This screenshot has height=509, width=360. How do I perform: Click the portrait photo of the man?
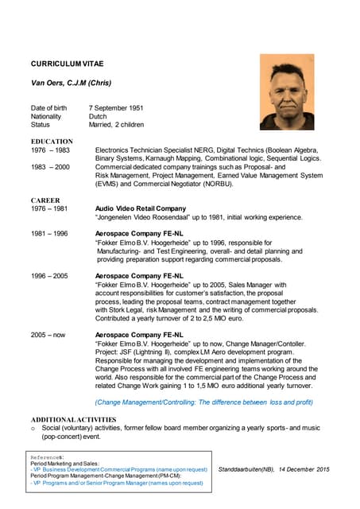[x=291, y=92]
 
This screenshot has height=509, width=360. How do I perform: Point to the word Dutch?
[x=99, y=116]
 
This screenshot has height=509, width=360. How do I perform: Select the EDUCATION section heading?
[x=52, y=142]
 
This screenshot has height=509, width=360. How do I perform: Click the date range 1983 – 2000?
[x=49, y=167]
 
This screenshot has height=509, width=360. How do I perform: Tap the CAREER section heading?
[x=45, y=200]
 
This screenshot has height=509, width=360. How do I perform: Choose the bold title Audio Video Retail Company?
[x=140, y=208]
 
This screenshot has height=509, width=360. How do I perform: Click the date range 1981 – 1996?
[x=49, y=234]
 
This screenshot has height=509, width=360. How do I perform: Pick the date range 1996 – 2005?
[x=49, y=275]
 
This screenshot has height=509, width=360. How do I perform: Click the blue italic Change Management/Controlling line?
[x=203, y=402]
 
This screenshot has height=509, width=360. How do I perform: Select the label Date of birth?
[x=49, y=107]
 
